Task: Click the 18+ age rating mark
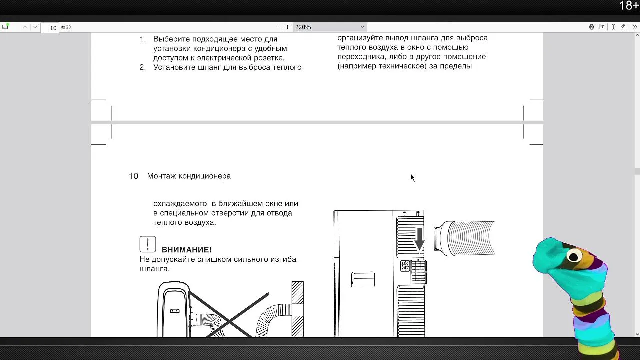point(629,5)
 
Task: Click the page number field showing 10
point(50,28)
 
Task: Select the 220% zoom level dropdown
point(330,27)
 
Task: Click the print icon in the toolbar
point(591,27)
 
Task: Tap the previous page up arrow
point(25,27)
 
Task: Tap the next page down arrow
point(35,27)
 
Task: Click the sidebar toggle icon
point(5,27)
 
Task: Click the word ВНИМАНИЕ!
point(187,250)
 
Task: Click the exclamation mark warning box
point(148,244)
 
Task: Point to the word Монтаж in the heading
point(161,176)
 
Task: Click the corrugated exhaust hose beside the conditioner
point(464,238)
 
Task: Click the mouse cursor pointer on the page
point(413,178)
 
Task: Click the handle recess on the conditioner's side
point(363,279)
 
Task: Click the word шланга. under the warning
point(154,269)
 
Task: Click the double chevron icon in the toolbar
point(635,27)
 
